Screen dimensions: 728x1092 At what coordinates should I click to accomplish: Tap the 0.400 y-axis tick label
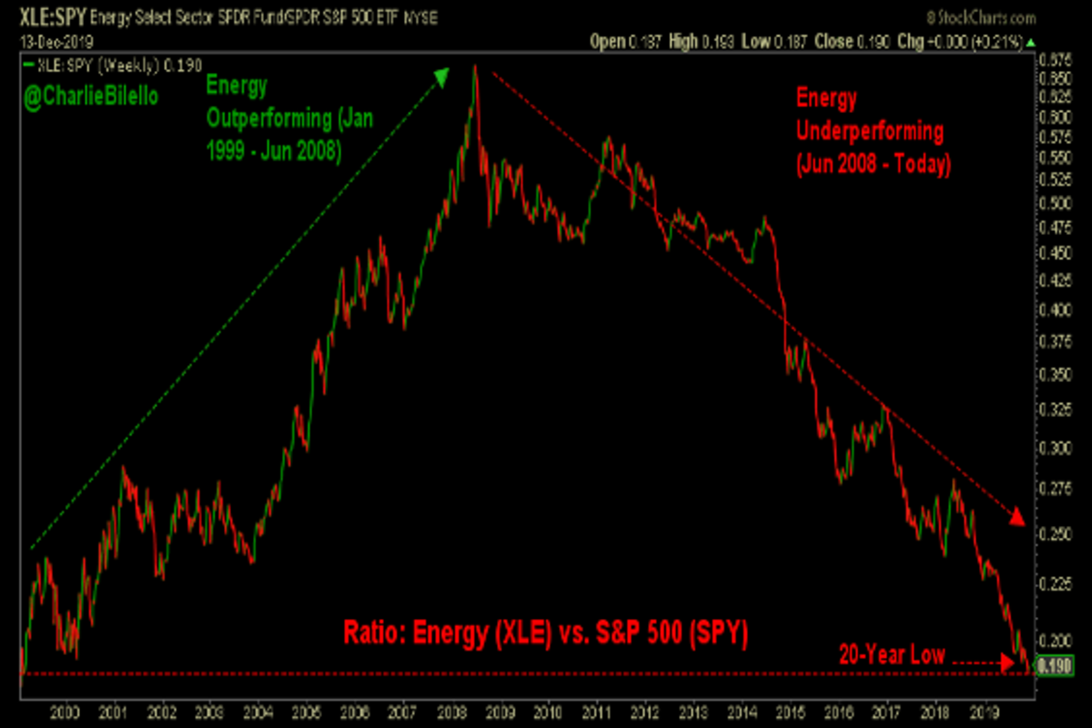(1053, 309)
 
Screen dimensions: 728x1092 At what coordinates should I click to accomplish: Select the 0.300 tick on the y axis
(1053, 448)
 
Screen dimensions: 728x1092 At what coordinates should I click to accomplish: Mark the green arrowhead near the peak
(441, 76)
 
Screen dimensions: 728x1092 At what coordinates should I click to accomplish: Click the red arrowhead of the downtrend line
(1016, 518)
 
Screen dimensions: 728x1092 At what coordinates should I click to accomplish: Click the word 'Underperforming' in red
(869, 130)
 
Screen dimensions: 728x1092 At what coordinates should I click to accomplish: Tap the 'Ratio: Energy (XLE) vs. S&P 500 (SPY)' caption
(545, 632)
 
